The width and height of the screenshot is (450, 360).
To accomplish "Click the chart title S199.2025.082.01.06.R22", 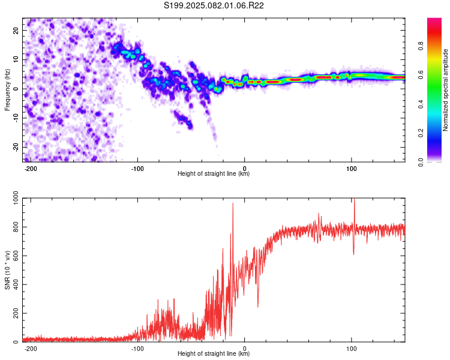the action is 214,5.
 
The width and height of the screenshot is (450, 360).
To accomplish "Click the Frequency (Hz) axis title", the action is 7,90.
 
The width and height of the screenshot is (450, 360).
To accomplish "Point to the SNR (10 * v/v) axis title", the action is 7,270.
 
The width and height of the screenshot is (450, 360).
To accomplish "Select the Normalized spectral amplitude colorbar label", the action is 445,90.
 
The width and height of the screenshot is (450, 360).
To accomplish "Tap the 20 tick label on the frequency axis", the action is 16,31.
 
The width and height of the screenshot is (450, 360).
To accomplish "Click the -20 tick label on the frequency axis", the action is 16,147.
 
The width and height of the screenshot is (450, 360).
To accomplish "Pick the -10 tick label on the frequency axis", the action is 16,118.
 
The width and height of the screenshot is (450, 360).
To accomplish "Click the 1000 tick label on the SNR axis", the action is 16,199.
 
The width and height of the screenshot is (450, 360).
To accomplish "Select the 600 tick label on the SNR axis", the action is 16,256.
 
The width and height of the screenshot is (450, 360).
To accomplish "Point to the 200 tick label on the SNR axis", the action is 16,313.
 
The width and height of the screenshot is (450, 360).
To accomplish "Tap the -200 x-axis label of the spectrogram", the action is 30,169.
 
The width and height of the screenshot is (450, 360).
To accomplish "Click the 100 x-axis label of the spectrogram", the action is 351,169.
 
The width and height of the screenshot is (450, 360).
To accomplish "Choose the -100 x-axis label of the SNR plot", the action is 137,349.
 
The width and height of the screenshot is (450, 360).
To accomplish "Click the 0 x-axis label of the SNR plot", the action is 245,349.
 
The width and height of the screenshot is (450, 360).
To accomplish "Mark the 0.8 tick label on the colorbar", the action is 421,46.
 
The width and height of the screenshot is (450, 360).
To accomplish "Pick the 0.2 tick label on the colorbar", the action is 421,133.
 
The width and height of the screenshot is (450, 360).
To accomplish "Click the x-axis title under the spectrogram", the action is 214,173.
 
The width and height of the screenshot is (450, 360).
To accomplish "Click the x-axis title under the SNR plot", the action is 214,353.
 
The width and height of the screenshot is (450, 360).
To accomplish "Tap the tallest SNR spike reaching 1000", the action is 355,199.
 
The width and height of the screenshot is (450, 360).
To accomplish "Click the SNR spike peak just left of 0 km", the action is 233,203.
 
